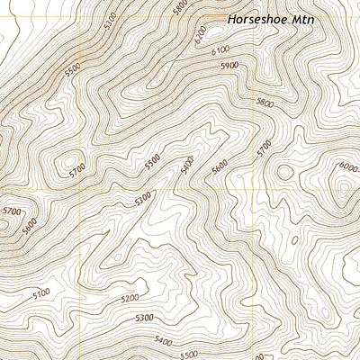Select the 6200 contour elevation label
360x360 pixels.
pyautogui.click(x=200, y=37)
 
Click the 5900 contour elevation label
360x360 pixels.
pyautogui.click(x=229, y=66)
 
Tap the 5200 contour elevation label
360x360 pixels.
pyautogui.click(x=130, y=298)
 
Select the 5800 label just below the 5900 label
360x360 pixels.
pyautogui.click(x=265, y=103)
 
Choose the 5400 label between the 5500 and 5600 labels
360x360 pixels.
pyautogui.click(x=187, y=166)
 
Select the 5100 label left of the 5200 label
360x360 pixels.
pyautogui.click(x=41, y=293)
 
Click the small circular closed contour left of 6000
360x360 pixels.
pyautogui.click(x=285, y=171)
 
